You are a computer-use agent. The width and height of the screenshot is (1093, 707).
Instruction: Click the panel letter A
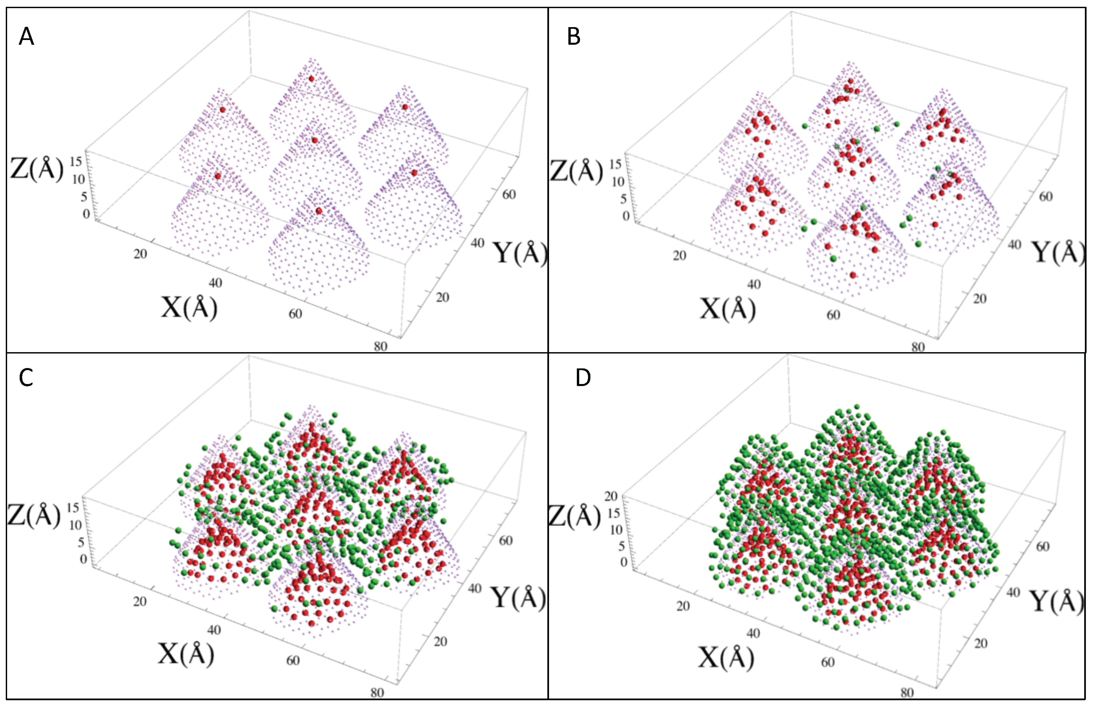pos(26,36)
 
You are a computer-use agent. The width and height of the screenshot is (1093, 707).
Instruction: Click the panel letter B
pos(574,36)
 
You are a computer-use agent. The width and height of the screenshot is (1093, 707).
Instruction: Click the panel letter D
pos(583,377)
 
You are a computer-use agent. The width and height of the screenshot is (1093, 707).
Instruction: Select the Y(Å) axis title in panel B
pos(1058,252)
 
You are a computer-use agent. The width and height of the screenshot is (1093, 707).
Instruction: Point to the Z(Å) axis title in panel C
pos(34,515)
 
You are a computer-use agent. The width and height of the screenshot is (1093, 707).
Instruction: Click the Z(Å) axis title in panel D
pos(575,517)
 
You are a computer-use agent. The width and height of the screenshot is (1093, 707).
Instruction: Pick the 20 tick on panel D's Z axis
pos(610,496)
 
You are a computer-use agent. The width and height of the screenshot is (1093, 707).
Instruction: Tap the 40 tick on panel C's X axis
pos(214,630)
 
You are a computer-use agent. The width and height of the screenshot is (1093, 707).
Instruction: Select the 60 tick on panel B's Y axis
pos(1046,197)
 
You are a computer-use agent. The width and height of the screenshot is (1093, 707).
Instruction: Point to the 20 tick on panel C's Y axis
pos(440,641)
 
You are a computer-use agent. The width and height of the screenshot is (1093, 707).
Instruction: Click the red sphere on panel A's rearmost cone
pos(311,79)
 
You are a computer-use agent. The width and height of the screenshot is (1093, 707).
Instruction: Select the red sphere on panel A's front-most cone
pos(319,211)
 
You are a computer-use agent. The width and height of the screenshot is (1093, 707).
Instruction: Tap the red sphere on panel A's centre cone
pos(315,140)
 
